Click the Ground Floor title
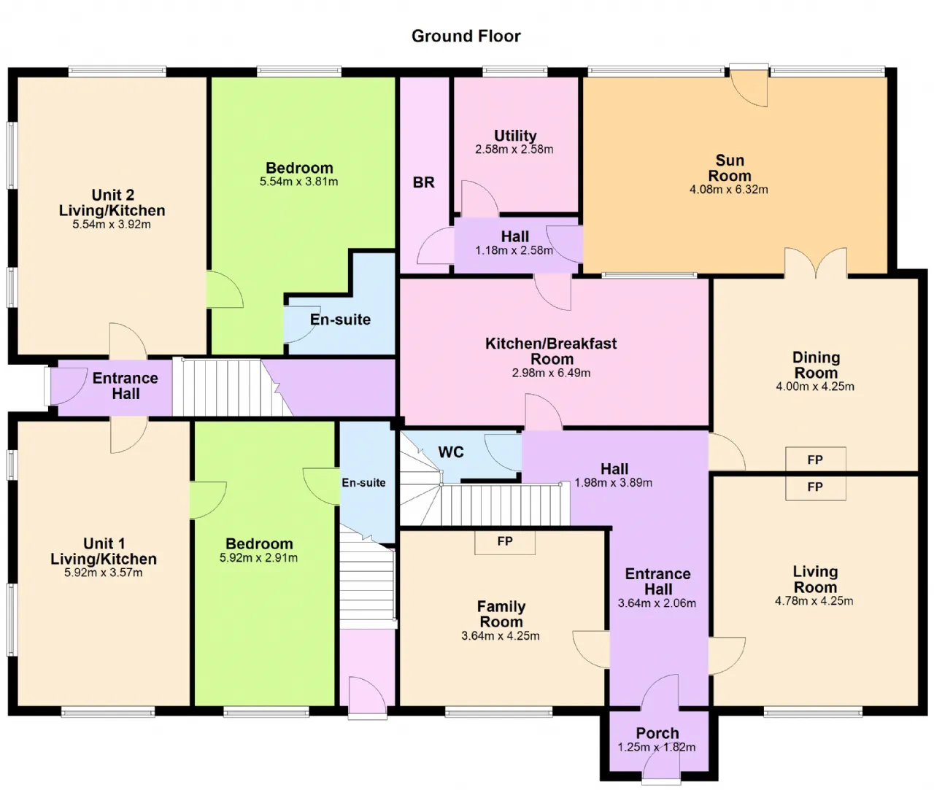point(466,36)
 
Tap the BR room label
point(423,182)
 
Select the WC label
point(450,452)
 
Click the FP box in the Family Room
point(505,541)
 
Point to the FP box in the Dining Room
point(815,460)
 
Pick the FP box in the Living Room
point(815,487)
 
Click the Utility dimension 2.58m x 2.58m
point(514,150)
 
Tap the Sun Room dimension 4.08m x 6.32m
point(728,190)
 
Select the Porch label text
point(657,733)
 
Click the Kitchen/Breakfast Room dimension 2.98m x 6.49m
point(551,373)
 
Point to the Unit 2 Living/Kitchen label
point(112,203)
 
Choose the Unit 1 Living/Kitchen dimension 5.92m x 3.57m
point(104,573)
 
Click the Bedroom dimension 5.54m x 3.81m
point(298,182)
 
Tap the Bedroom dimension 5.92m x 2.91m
point(258,558)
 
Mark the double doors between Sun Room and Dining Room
point(816,263)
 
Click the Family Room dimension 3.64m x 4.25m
point(501,636)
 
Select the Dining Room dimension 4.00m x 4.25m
point(815,387)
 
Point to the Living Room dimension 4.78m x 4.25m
point(814,601)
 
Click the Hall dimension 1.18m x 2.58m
point(514,251)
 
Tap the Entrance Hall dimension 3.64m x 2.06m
point(657,603)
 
